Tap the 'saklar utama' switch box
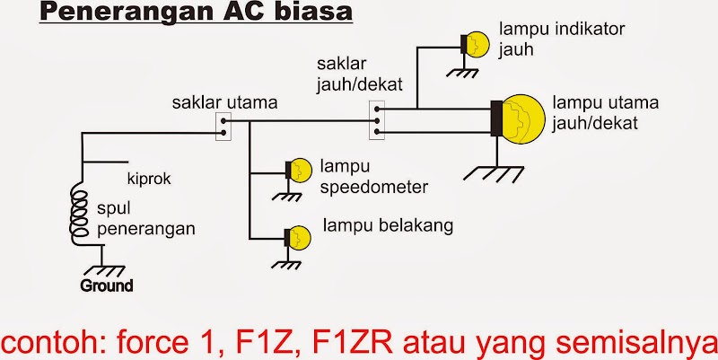[x=223, y=127]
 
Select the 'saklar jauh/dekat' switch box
[x=377, y=120]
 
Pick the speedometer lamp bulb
[x=299, y=170]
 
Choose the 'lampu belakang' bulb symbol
[x=297, y=237]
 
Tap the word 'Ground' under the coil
[x=107, y=286]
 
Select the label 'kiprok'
[x=148, y=179]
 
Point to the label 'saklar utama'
[x=224, y=102]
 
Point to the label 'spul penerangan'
[x=144, y=218]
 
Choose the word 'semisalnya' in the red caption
[x=632, y=340]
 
